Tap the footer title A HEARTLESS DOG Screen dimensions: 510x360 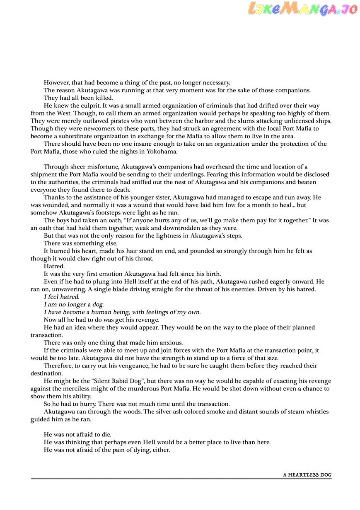point(307,475)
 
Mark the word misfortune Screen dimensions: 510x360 point(99,167)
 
